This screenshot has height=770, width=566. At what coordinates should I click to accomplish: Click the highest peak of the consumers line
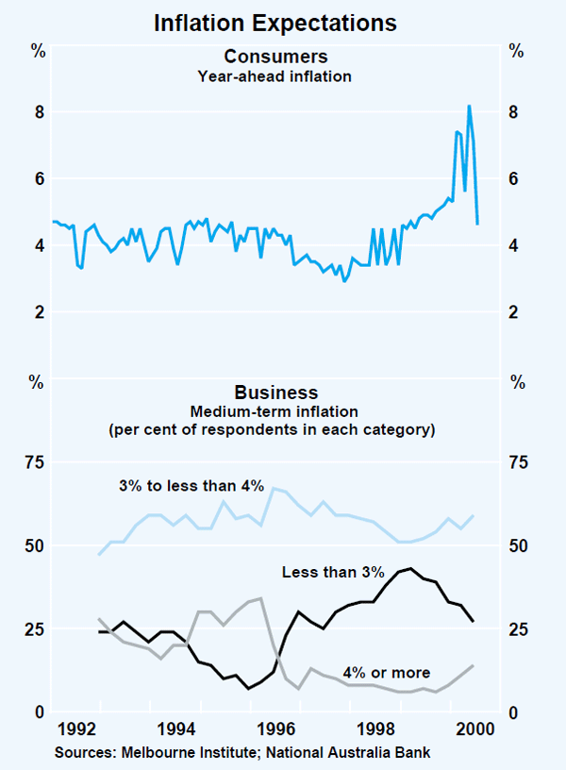(469, 106)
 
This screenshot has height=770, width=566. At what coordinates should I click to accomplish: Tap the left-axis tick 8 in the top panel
(40, 112)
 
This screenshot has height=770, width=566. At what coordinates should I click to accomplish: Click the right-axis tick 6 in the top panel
(516, 179)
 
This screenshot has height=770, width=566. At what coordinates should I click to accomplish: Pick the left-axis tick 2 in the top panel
(40, 312)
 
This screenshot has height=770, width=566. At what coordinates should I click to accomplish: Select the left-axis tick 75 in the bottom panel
(36, 462)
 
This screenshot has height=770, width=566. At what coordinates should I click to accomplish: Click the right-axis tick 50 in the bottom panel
(520, 546)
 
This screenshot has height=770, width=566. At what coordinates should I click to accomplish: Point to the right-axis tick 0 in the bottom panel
(516, 712)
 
